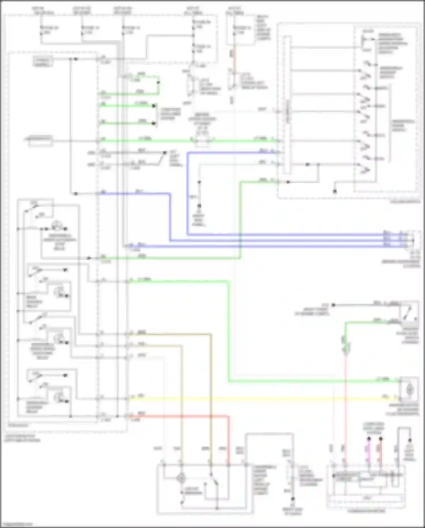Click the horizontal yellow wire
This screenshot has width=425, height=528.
pos(255,399)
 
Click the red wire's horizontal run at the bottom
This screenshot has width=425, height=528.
pos(181,416)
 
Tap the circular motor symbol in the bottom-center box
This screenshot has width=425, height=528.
pos(181,478)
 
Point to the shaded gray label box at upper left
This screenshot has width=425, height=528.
pos(42,62)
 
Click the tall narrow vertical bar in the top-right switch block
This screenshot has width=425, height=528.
pos(287,105)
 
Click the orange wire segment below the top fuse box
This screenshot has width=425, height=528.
pos(234,61)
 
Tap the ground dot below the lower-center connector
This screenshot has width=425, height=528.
pos(293,499)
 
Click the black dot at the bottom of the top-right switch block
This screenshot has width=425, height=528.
pos(335,192)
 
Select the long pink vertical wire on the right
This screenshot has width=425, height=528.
pos(345,403)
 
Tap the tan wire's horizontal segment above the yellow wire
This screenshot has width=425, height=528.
pos(170,335)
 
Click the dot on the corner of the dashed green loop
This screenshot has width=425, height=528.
pos(158,83)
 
